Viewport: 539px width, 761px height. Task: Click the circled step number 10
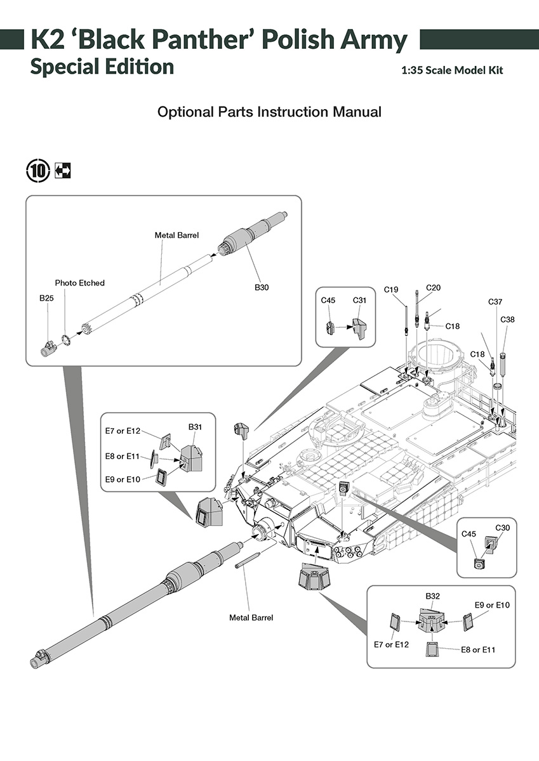37,170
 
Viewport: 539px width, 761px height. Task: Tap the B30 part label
262,288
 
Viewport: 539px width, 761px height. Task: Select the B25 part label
46,297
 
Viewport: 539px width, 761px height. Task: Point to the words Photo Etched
79,283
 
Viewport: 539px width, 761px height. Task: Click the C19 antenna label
391,290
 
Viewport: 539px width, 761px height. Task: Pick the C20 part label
433,287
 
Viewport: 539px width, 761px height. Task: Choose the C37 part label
495,302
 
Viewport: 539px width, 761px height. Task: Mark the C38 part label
507,320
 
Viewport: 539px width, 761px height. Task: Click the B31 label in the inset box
195,427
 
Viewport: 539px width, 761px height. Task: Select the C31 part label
360,300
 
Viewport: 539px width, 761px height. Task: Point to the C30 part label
502,528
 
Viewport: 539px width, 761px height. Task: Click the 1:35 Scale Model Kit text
452,70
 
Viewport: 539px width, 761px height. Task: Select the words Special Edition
102,67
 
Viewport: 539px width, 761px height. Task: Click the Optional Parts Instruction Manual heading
269,112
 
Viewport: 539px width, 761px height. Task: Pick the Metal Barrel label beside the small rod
251,618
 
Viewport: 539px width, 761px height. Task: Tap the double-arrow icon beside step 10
63,170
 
